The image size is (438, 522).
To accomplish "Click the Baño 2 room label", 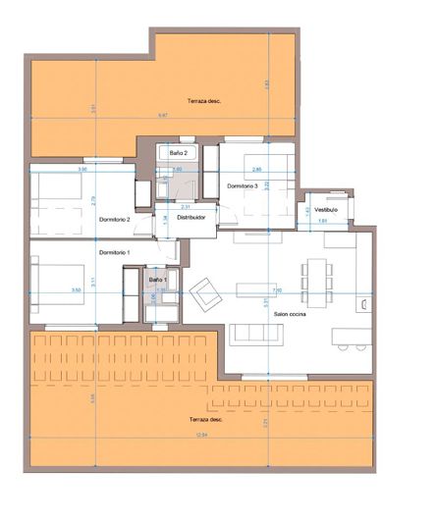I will tap(179, 153).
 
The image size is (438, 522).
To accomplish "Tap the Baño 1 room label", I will tap(158, 281).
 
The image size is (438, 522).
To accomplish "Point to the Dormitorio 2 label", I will tap(114, 219).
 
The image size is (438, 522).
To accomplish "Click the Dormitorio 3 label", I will tap(242, 185).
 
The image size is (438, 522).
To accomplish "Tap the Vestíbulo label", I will tap(326, 209).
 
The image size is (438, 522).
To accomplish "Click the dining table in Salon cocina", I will tap(315, 276).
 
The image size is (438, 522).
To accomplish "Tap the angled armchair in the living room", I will tap(205, 291).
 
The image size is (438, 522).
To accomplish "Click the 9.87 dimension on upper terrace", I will tap(163, 116).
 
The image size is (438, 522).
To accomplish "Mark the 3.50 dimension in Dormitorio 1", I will tap(76, 290).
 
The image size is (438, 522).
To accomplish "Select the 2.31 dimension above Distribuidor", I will tap(186, 207).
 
